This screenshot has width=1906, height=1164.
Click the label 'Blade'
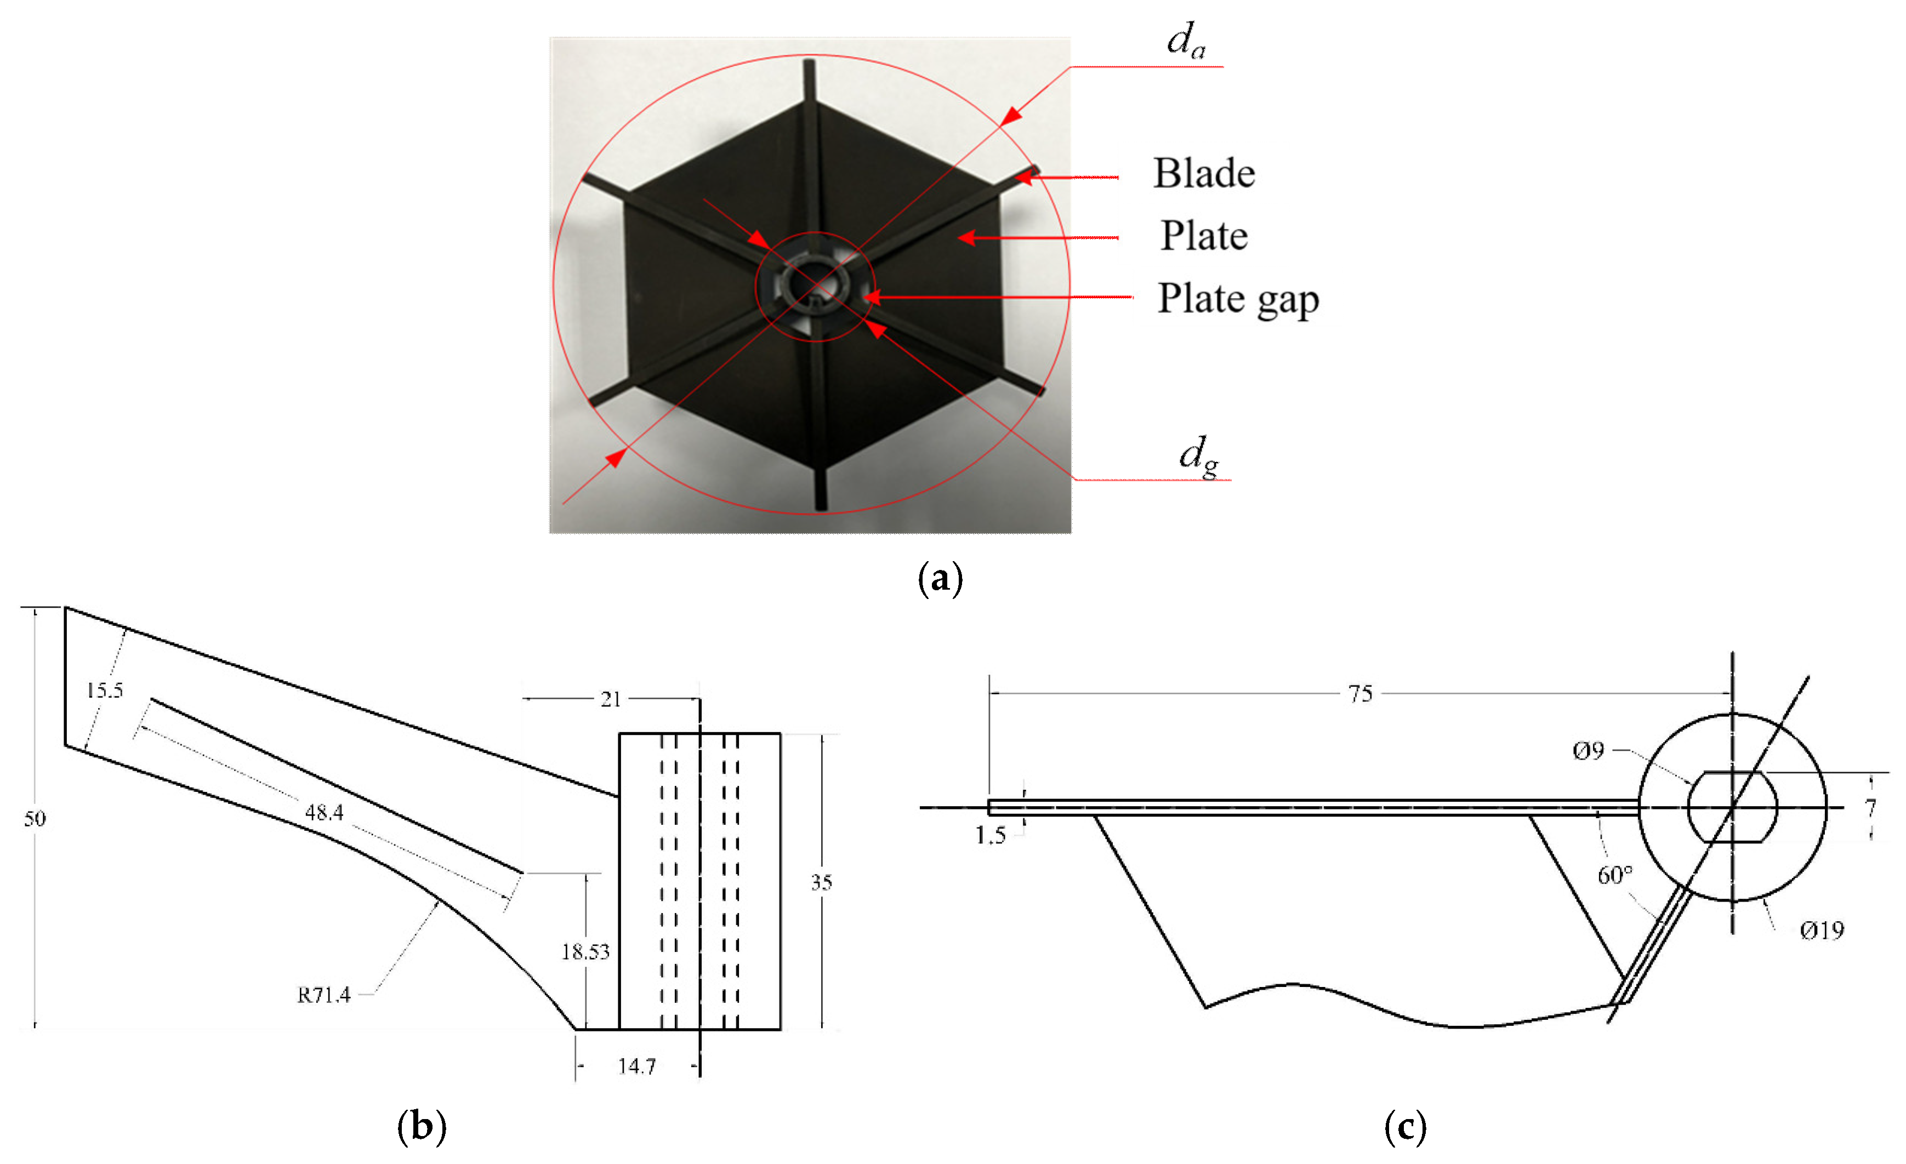(x=1204, y=173)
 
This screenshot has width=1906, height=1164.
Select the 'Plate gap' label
(x=1238, y=299)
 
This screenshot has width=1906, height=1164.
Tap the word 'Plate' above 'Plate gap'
(x=1204, y=236)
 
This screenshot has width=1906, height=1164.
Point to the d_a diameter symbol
(x=1186, y=39)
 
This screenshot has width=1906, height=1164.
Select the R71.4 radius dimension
(x=323, y=995)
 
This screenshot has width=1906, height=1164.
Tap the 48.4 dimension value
(x=324, y=812)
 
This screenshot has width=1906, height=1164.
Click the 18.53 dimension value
(x=585, y=952)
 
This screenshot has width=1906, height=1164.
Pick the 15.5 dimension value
(x=105, y=690)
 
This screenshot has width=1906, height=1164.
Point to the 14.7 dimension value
(x=636, y=1066)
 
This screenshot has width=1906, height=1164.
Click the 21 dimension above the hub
(x=611, y=699)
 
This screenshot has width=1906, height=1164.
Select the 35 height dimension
(x=822, y=882)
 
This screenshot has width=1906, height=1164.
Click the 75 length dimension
(x=1360, y=694)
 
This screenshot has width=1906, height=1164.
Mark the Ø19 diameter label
(x=1822, y=931)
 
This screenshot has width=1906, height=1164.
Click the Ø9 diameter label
(x=1589, y=750)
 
